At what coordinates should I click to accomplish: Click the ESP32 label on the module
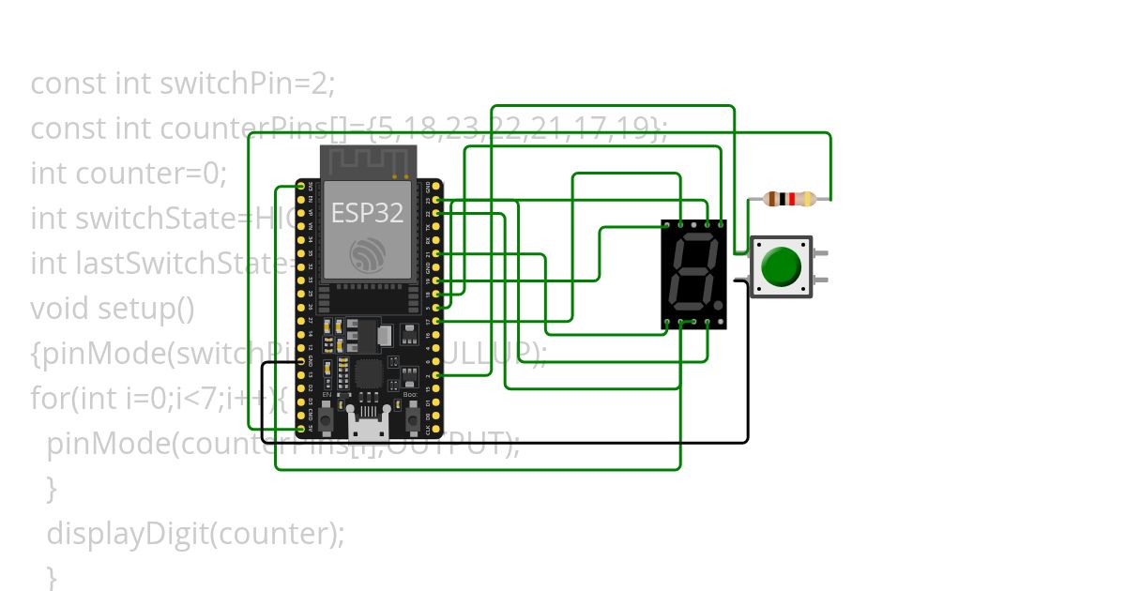pos(367,213)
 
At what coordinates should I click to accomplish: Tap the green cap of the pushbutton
pos(781,266)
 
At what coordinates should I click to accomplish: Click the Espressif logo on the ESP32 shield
pos(367,254)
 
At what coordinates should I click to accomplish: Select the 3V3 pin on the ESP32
pos(301,187)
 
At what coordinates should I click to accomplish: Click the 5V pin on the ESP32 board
pos(301,429)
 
